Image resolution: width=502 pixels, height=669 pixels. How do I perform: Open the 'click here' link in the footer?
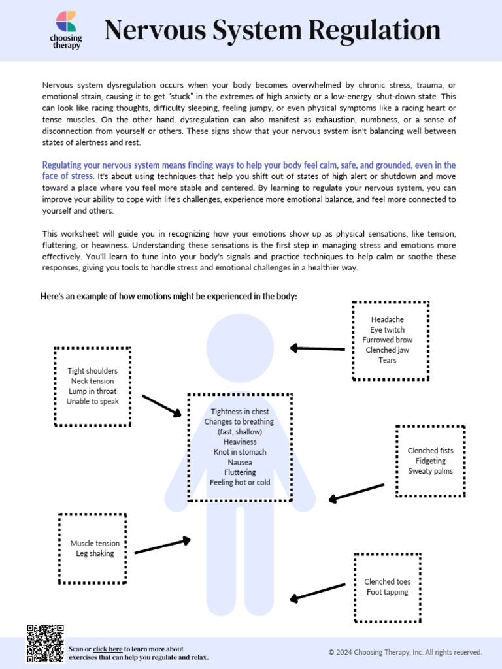[107, 649]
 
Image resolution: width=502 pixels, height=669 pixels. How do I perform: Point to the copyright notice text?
[405, 652]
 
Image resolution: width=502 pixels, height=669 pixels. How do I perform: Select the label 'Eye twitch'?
[387, 330]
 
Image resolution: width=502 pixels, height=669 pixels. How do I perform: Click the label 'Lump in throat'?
[92, 391]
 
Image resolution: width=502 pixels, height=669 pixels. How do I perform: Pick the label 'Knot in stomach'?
[239, 452]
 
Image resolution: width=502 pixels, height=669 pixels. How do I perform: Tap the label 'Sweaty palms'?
[430, 471]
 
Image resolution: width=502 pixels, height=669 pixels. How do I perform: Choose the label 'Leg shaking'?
[95, 553]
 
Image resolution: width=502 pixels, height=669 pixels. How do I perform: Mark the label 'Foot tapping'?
[387, 592]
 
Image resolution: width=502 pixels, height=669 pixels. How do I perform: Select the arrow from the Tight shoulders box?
[161, 405]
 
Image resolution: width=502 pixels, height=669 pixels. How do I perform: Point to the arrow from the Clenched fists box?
[356, 493]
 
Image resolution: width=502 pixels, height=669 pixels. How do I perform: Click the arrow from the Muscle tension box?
[162, 546]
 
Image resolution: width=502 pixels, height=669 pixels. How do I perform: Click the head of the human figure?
[240, 347]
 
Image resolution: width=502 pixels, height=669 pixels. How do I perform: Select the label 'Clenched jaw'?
[387, 350]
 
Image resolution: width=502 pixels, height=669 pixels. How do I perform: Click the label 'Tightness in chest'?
[240, 412]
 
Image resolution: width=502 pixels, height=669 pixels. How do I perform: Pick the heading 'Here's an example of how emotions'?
[169, 296]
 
